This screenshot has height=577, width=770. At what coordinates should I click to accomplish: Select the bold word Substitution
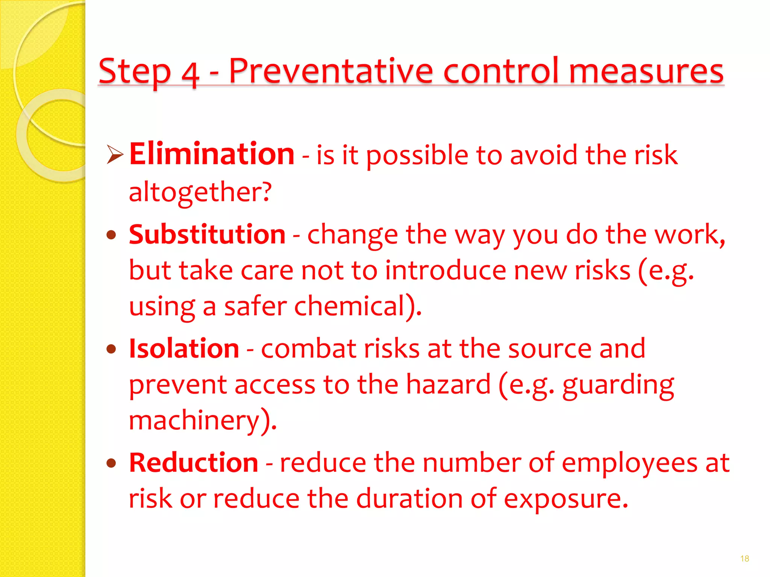tap(207, 234)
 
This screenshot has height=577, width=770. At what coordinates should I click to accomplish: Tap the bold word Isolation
tap(184, 349)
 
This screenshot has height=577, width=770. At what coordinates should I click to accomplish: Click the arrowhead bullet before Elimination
tap(115, 155)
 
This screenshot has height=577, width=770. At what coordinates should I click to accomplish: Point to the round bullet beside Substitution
tap(111, 236)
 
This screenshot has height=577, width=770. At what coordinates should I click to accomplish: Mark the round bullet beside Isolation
tap(111, 349)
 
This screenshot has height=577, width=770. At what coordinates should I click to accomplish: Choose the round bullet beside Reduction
tap(111, 463)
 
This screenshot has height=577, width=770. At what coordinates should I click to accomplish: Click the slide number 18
tap(744, 559)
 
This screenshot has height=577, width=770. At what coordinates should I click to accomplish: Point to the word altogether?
tap(200, 192)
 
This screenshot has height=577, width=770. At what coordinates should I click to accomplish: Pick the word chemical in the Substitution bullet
tap(349, 306)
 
